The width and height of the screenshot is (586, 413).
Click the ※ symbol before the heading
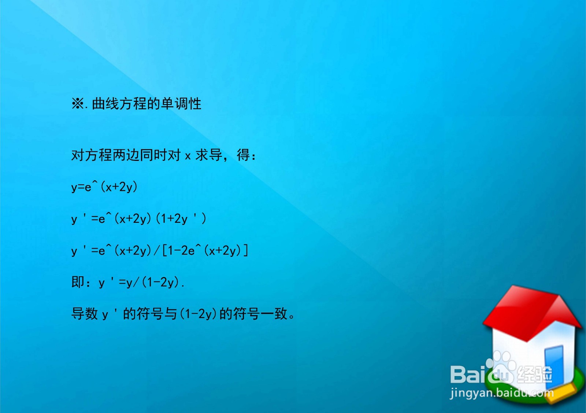[78, 104]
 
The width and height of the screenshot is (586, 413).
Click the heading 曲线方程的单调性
[146, 104]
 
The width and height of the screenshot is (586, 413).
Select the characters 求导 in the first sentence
[209, 155]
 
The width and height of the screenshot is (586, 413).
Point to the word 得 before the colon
[244, 155]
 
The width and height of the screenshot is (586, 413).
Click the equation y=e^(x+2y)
[104, 187]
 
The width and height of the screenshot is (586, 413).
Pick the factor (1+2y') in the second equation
[181, 219]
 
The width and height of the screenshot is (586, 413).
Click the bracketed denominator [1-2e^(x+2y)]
[205, 251]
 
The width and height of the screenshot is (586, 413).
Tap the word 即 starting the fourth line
[78, 282]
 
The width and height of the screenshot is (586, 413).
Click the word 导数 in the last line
[85, 314]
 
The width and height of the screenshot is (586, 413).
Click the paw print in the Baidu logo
[500, 370]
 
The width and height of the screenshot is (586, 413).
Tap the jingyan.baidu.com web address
[501, 393]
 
